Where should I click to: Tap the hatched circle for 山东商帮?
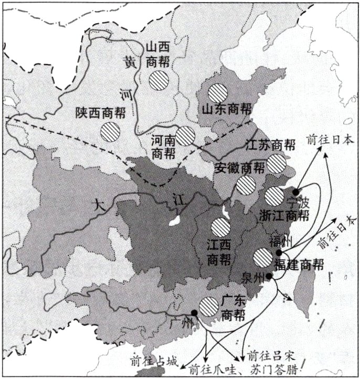217,93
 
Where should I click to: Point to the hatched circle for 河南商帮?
185,136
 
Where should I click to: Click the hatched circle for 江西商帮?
221,227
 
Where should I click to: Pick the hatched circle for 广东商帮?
209,307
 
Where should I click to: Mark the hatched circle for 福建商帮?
263,258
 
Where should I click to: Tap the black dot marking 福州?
278,252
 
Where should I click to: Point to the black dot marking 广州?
194,313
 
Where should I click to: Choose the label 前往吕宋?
268,353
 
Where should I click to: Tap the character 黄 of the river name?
129,61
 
